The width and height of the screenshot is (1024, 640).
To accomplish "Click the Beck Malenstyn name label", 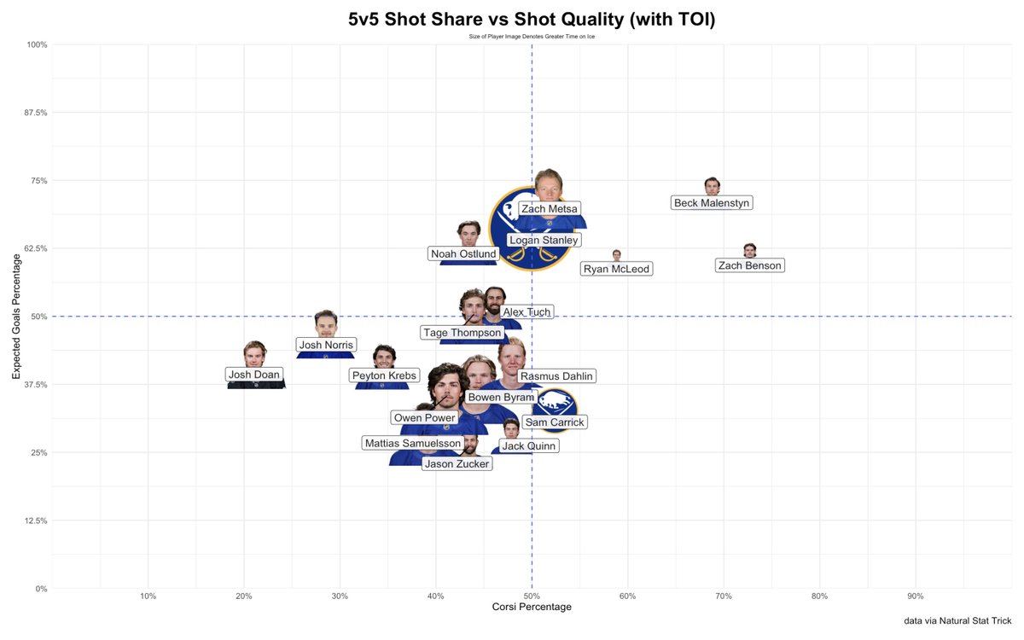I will click(x=712, y=203).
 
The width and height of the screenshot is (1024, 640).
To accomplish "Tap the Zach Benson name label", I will click(x=749, y=265).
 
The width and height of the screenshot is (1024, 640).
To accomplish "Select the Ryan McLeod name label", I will click(x=616, y=270).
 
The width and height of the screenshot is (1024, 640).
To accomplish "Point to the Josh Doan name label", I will click(x=253, y=375).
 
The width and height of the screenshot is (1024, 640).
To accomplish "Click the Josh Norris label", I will click(x=326, y=346).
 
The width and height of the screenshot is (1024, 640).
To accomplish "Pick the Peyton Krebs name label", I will click(x=384, y=375).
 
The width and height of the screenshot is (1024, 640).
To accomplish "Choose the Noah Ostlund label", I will click(x=463, y=254).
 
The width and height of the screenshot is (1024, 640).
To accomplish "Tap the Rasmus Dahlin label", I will click(x=556, y=376).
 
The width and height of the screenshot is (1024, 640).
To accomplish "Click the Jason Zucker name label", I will click(x=457, y=464).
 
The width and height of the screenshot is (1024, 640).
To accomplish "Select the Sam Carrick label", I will click(x=555, y=422).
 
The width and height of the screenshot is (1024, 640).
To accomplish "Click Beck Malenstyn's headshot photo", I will click(x=712, y=186).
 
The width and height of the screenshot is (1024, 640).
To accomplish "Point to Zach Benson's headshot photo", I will click(x=749, y=250).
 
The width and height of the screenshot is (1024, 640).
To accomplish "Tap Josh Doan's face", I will click(x=254, y=353).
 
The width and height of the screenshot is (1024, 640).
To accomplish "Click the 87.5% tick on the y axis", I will click(x=35, y=113).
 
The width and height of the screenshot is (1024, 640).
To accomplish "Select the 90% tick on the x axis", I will click(x=916, y=596).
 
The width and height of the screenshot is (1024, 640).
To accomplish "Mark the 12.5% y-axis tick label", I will click(x=35, y=521).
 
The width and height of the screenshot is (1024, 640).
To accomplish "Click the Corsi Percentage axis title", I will click(x=532, y=607).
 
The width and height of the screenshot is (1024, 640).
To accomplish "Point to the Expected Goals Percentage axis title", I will click(x=15, y=317).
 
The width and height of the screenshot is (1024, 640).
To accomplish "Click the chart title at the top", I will click(x=532, y=20).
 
